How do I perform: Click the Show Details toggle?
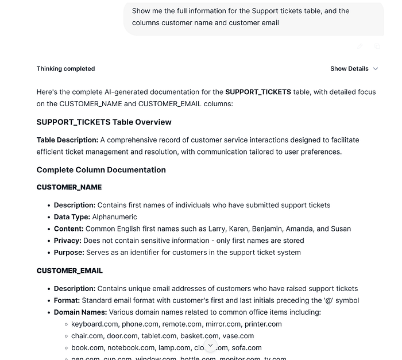(349, 69)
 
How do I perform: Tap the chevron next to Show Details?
(376, 69)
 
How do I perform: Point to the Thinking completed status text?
(65, 69)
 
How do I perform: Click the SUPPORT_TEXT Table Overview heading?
(104, 122)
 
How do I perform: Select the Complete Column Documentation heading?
(101, 170)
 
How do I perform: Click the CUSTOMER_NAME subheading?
(69, 187)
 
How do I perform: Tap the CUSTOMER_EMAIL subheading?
(69, 270)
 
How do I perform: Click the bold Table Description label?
(67, 140)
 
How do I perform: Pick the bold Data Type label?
(72, 217)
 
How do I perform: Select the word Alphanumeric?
(115, 217)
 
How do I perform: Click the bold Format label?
(67, 300)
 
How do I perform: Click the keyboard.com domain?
(94, 324)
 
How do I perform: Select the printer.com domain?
(263, 324)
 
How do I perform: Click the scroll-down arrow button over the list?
(210, 346)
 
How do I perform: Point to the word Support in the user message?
(265, 11)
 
